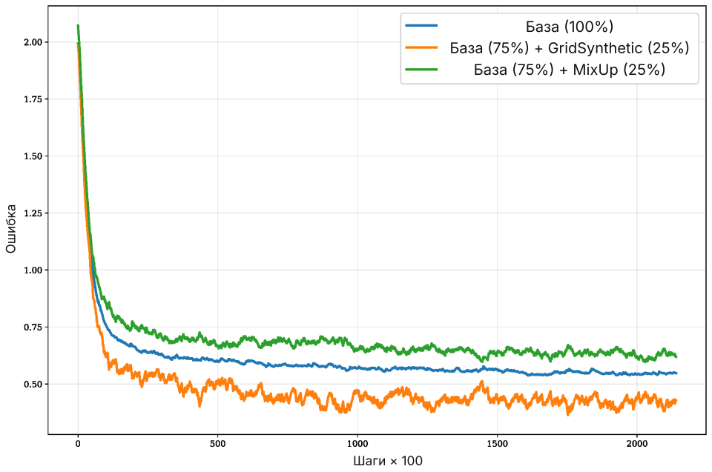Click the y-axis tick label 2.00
pos(33,42)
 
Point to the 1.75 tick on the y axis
pos(33,99)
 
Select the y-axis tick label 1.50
pos(33,156)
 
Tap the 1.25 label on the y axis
pos(33,213)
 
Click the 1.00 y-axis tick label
pos(33,270)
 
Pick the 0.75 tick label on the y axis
pos(33,327)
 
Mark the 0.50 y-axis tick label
pos(33,384)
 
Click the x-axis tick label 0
pos(78,444)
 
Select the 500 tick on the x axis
pos(217,444)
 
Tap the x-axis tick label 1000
pos(357,444)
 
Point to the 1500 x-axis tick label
pos(497,444)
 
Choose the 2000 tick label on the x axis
pos(637,444)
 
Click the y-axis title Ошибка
pos(11,229)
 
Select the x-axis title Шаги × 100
pos(388,461)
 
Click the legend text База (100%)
pos(570,27)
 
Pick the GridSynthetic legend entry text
pos(570,47)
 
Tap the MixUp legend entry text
pos(570,70)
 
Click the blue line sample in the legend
pos(421,26)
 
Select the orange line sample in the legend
pos(421,47)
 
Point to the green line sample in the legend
pos(421,69)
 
